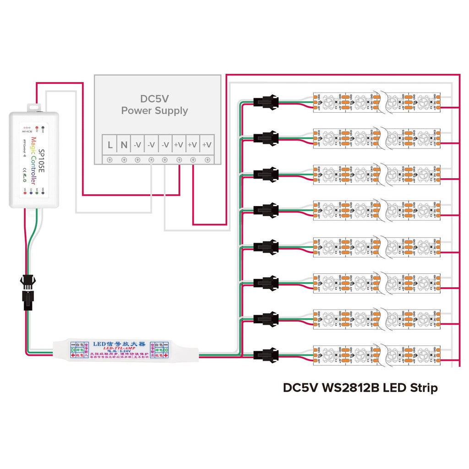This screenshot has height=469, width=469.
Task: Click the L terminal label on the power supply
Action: point(110,145)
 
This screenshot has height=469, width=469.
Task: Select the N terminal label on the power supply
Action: point(124,145)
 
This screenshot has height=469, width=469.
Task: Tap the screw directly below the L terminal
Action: point(110,160)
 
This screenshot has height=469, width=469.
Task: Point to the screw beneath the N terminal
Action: point(124,160)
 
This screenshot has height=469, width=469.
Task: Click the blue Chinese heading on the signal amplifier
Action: point(112,343)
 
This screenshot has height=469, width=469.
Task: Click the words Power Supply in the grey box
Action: point(154,110)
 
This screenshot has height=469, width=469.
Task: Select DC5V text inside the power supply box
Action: point(155,98)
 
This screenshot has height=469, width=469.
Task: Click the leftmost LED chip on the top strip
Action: point(329,101)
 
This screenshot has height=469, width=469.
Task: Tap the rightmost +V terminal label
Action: point(207,145)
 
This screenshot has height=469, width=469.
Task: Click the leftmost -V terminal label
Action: point(137,145)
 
